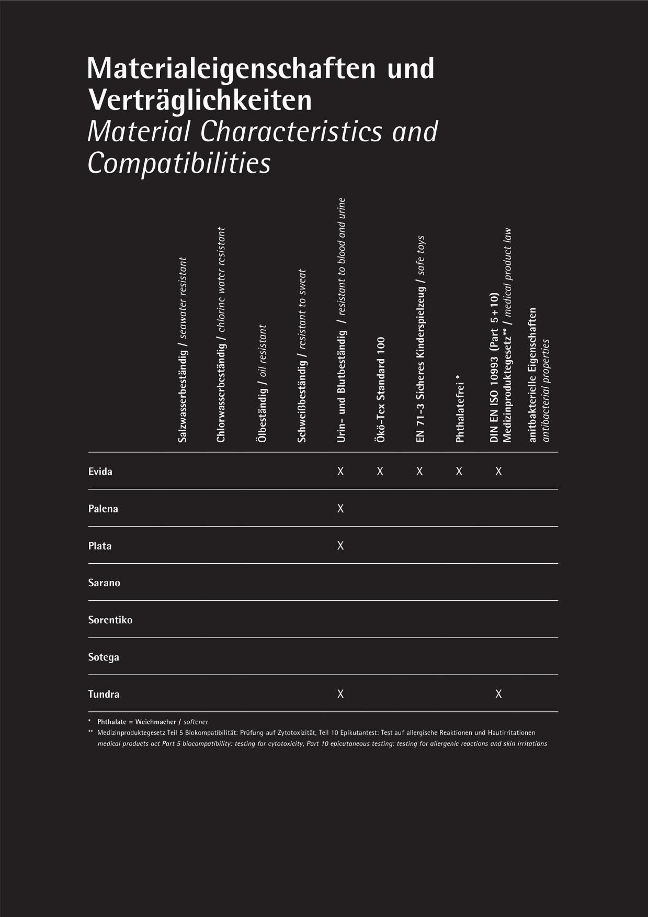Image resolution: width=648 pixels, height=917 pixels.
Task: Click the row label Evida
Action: pos(100,472)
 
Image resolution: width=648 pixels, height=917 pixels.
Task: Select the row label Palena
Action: pos(103,509)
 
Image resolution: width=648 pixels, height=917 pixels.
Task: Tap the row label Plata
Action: pos(99,546)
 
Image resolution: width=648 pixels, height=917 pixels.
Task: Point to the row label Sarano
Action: pos(104,583)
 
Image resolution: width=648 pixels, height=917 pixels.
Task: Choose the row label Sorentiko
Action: pos(110,620)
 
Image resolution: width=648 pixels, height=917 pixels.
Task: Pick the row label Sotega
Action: pos(104,657)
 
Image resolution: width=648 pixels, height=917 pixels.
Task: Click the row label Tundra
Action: pos(104,695)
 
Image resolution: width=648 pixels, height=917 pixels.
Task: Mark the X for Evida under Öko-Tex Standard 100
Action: pos(380,472)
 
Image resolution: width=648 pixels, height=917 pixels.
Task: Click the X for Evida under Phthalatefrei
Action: pos(459,472)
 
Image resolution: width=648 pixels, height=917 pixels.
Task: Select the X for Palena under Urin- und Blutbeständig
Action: pos(340,509)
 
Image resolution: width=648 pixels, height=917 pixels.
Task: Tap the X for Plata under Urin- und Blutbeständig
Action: pos(340,546)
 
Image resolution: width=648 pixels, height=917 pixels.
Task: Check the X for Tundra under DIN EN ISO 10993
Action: pos(498,694)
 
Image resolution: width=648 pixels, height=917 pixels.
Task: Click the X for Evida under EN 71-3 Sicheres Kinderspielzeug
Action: pos(419,472)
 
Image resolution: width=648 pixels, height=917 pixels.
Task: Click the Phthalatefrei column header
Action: pos(460,408)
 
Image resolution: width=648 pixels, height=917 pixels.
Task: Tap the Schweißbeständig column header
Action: pos(302,356)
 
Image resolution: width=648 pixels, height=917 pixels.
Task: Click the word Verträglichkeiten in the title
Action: pos(200,100)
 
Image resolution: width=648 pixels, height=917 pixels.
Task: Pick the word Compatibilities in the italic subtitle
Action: pos(179,163)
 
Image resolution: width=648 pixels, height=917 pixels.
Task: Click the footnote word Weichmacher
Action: pos(155,722)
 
